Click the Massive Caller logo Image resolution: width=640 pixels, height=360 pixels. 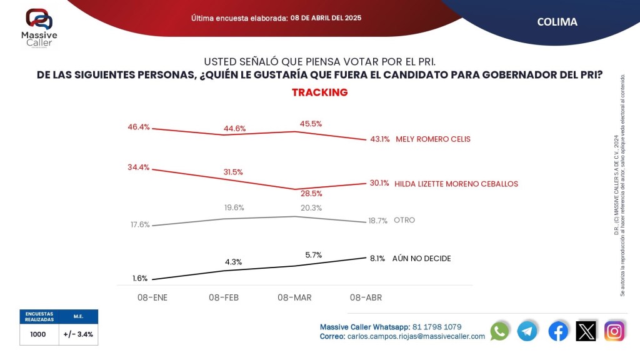pos(39,25)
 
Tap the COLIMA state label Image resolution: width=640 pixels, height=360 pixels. pos(557,22)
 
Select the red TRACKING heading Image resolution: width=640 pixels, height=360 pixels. pos(319,92)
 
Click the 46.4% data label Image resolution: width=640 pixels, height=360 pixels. pos(139,127)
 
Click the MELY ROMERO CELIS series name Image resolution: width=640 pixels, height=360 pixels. pos(433,139)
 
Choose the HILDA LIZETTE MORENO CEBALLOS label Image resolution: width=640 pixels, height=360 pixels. pos(457,184)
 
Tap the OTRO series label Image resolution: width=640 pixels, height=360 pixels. pos(404,220)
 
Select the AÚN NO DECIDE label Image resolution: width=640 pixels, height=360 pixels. pos(421,258)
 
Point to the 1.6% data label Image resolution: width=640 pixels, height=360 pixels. pos(140,278)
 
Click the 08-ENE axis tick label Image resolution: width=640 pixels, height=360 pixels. pos(153,297)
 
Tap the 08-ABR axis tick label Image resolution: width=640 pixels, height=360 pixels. pos(366,297)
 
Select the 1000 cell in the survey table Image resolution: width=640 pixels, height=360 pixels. pos(38,334)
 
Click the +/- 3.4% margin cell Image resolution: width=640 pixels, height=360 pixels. pos(78,334)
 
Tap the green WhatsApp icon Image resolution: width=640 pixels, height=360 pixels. pos(499,331)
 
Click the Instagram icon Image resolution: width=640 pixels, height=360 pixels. pos(614,331)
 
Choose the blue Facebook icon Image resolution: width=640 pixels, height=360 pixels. pos(558,331)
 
